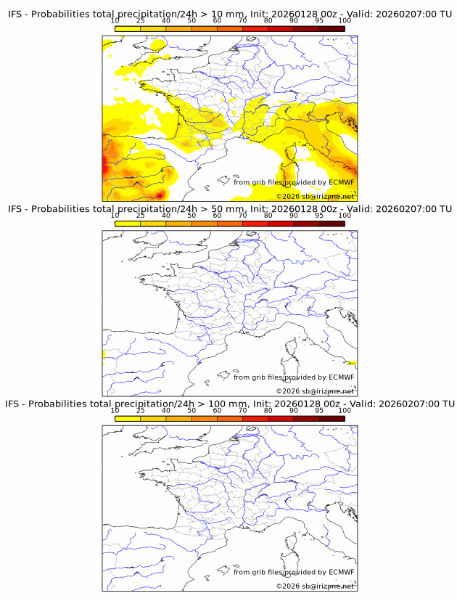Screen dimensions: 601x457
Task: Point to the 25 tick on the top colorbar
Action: tap(140, 21)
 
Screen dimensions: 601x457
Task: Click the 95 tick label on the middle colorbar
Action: tap(319, 216)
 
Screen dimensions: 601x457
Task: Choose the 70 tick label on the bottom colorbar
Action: tap(243, 410)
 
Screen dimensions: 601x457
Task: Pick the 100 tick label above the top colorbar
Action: tap(345, 21)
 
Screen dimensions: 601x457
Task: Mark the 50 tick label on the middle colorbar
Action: tap(192, 216)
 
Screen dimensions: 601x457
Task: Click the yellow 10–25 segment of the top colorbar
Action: tap(128, 28)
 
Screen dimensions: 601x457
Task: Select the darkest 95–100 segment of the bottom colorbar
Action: tap(332, 418)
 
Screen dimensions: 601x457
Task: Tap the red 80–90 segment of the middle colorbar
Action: tap(281, 224)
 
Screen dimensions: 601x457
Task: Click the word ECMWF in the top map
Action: tap(341, 182)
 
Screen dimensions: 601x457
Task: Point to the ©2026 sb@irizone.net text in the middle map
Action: tap(315, 391)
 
